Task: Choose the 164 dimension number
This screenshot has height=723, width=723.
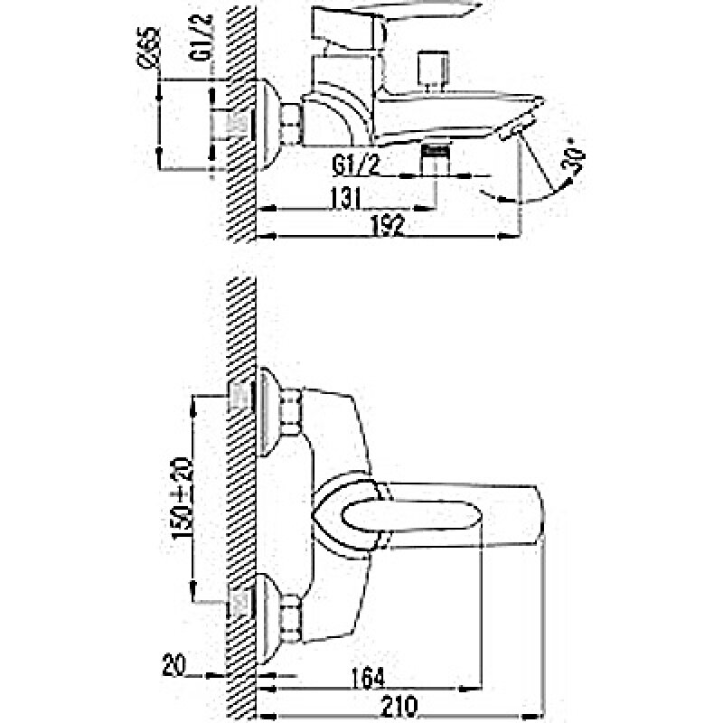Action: click(x=367, y=675)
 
